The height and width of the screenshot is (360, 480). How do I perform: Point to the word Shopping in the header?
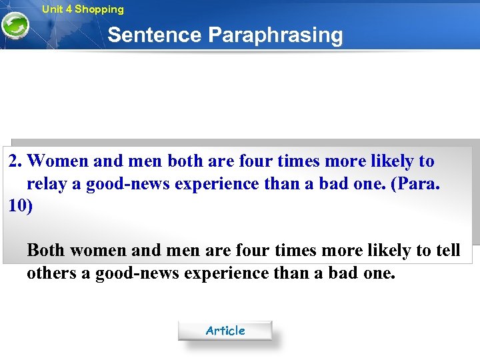[x=99, y=9]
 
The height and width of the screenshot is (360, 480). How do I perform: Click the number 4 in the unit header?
[x=69, y=9]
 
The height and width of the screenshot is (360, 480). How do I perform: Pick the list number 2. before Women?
[x=16, y=161]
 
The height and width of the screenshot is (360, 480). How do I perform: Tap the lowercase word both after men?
[x=185, y=161]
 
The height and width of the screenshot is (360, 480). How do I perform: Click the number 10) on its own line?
[x=21, y=205]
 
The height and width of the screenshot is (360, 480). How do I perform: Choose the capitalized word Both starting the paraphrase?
[x=46, y=251]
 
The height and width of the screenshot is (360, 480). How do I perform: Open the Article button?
[x=225, y=331]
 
